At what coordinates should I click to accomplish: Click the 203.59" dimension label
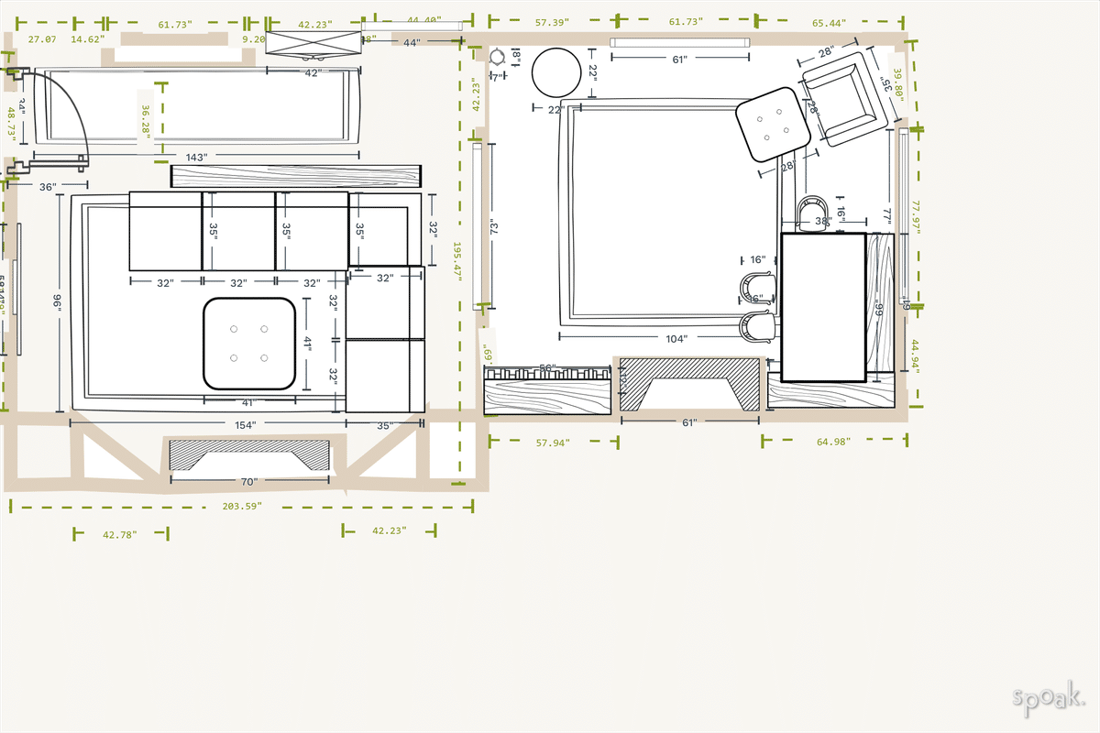coord(242,506)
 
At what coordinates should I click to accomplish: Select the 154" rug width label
coord(245,425)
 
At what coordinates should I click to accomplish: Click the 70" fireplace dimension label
coord(248,481)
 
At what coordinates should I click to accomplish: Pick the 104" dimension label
coord(676,339)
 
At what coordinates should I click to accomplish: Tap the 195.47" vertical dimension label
coord(458,264)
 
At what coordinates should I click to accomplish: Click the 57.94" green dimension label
coord(553,443)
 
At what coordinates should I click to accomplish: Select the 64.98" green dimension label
coord(833,442)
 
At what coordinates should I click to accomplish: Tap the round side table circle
coord(556,72)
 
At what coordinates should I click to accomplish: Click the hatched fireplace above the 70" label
coord(248,456)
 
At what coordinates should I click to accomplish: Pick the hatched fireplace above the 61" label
coord(689,385)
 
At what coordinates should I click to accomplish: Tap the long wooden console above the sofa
coord(296,175)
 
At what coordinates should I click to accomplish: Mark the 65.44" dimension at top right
coord(829,22)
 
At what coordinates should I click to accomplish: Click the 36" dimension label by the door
coord(49,187)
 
